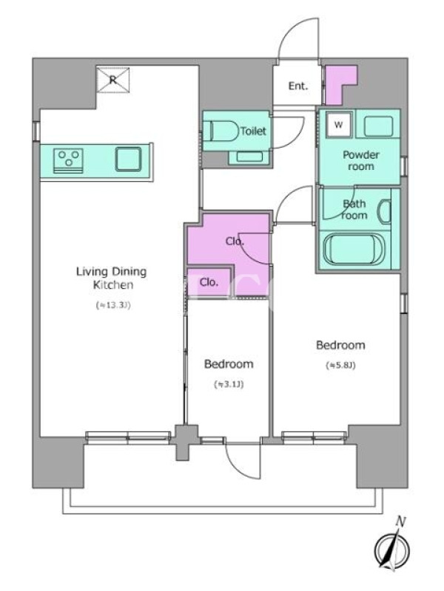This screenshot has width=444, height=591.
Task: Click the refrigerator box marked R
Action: pos(113,80)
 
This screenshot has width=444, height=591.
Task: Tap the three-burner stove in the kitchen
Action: pos(69,160)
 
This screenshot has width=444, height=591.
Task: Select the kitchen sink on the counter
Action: pos(128,159)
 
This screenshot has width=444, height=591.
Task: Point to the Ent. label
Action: pos(298,86)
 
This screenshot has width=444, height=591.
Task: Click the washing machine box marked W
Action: pos(339,124)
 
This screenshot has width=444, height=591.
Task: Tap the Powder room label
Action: pos(361,160)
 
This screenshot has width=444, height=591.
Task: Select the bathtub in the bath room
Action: pos(354,249)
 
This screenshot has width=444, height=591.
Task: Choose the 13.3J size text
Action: pos(113,305)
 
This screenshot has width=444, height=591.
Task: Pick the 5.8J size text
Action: pos(340,365)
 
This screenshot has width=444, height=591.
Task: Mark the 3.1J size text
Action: pos(229,384)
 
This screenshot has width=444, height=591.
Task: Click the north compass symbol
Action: pos(391,549)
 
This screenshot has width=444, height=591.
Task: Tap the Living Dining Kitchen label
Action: pos(112,278)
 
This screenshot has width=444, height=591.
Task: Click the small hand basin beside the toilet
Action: pos(249,157)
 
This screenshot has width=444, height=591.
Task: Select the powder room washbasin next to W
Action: pos(379,126)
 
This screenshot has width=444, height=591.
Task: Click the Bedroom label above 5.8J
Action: pos(340,345)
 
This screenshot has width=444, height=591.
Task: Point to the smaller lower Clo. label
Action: pos(209,282)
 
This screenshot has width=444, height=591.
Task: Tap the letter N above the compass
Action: pos(400,522)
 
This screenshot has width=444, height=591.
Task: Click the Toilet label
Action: pos(253,131)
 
